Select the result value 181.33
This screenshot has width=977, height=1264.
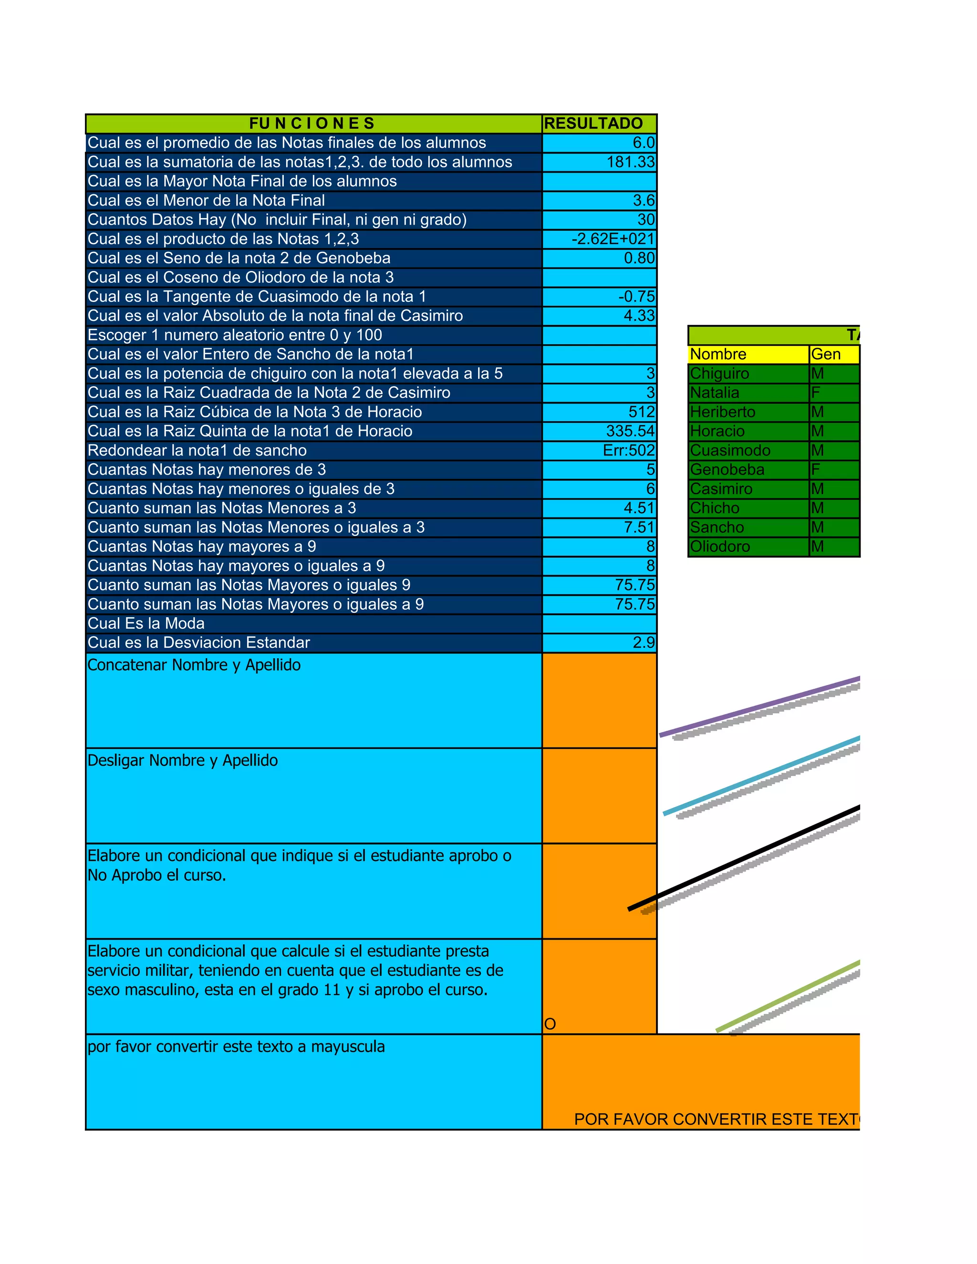tap(630, 162)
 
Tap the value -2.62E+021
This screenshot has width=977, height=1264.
tap(613, 239)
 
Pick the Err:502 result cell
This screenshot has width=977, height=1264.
tap(629, 450)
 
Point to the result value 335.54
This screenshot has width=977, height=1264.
tap(630, 431)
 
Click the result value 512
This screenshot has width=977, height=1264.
tap(641, 412)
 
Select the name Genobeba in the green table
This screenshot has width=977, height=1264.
tap(727, 469)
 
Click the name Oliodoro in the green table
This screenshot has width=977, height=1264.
tap(720, 546)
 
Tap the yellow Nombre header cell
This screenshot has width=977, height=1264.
tap(718, 354)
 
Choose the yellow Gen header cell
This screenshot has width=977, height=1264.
tap(826, 354)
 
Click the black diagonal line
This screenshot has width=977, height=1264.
tap(747, 857)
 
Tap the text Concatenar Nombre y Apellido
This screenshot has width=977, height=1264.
tap(194, 665)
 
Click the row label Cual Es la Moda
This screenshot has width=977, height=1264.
tap(146, 623)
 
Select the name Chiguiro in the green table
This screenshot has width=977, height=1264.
tap(719, 374)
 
